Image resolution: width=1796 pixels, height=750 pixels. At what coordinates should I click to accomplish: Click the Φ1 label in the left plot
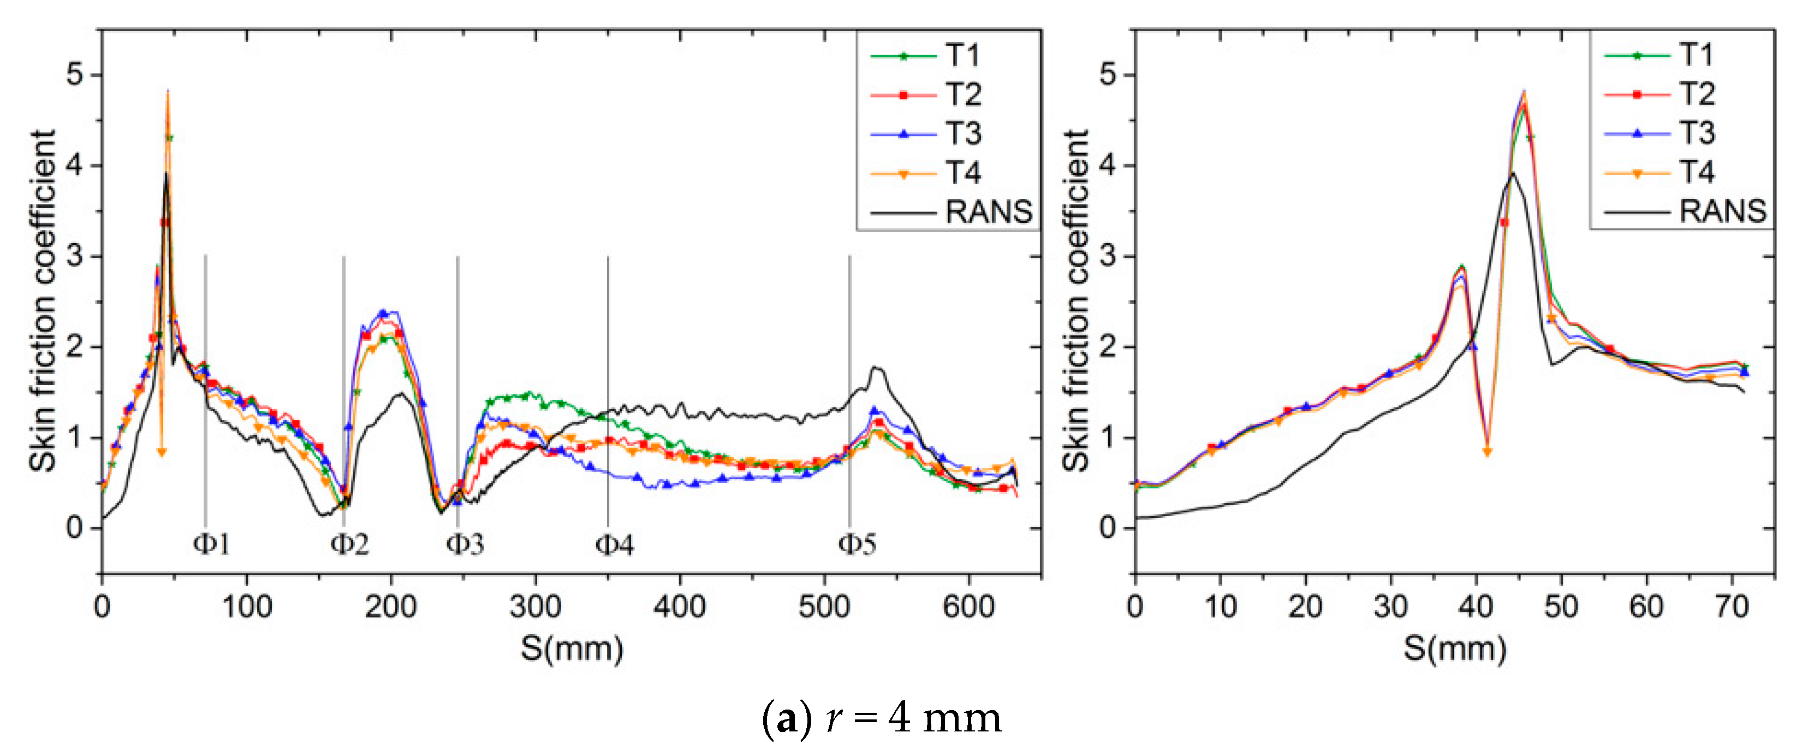point(211,544)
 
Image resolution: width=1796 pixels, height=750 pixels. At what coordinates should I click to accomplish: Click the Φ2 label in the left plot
point(349,544)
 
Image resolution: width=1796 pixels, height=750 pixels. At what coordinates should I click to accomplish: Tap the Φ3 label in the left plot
point(465,544)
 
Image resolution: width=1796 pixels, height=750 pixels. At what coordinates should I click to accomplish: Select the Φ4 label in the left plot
point(614,544)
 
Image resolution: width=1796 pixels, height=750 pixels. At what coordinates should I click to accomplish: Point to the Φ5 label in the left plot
point(857,544)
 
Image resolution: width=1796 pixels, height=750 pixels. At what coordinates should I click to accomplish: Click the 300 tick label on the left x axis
point(535,606)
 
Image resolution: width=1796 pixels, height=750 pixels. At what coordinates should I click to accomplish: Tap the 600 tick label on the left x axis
point(968,606)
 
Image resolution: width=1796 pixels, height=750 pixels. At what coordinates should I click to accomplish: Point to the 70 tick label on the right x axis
point(1731,606)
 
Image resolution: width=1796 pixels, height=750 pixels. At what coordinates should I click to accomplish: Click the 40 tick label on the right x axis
point(1475,606)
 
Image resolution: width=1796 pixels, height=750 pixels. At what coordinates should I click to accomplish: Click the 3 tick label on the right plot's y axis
point(1108,256)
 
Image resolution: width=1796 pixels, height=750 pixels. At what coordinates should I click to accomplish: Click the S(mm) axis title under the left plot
point(572,648)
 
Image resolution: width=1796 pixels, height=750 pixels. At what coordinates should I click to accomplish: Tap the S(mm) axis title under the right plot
point(1454,648)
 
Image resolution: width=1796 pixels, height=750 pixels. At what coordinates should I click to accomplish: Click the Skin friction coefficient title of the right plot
point(1077,300)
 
